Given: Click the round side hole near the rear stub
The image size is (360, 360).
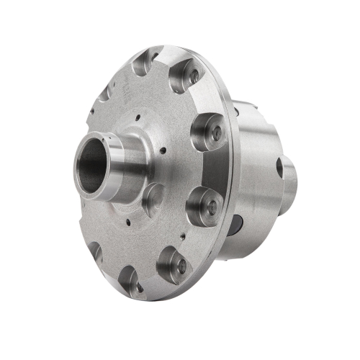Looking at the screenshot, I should pos(279,167).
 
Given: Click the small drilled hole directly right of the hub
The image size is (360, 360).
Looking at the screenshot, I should pos(165,151).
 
